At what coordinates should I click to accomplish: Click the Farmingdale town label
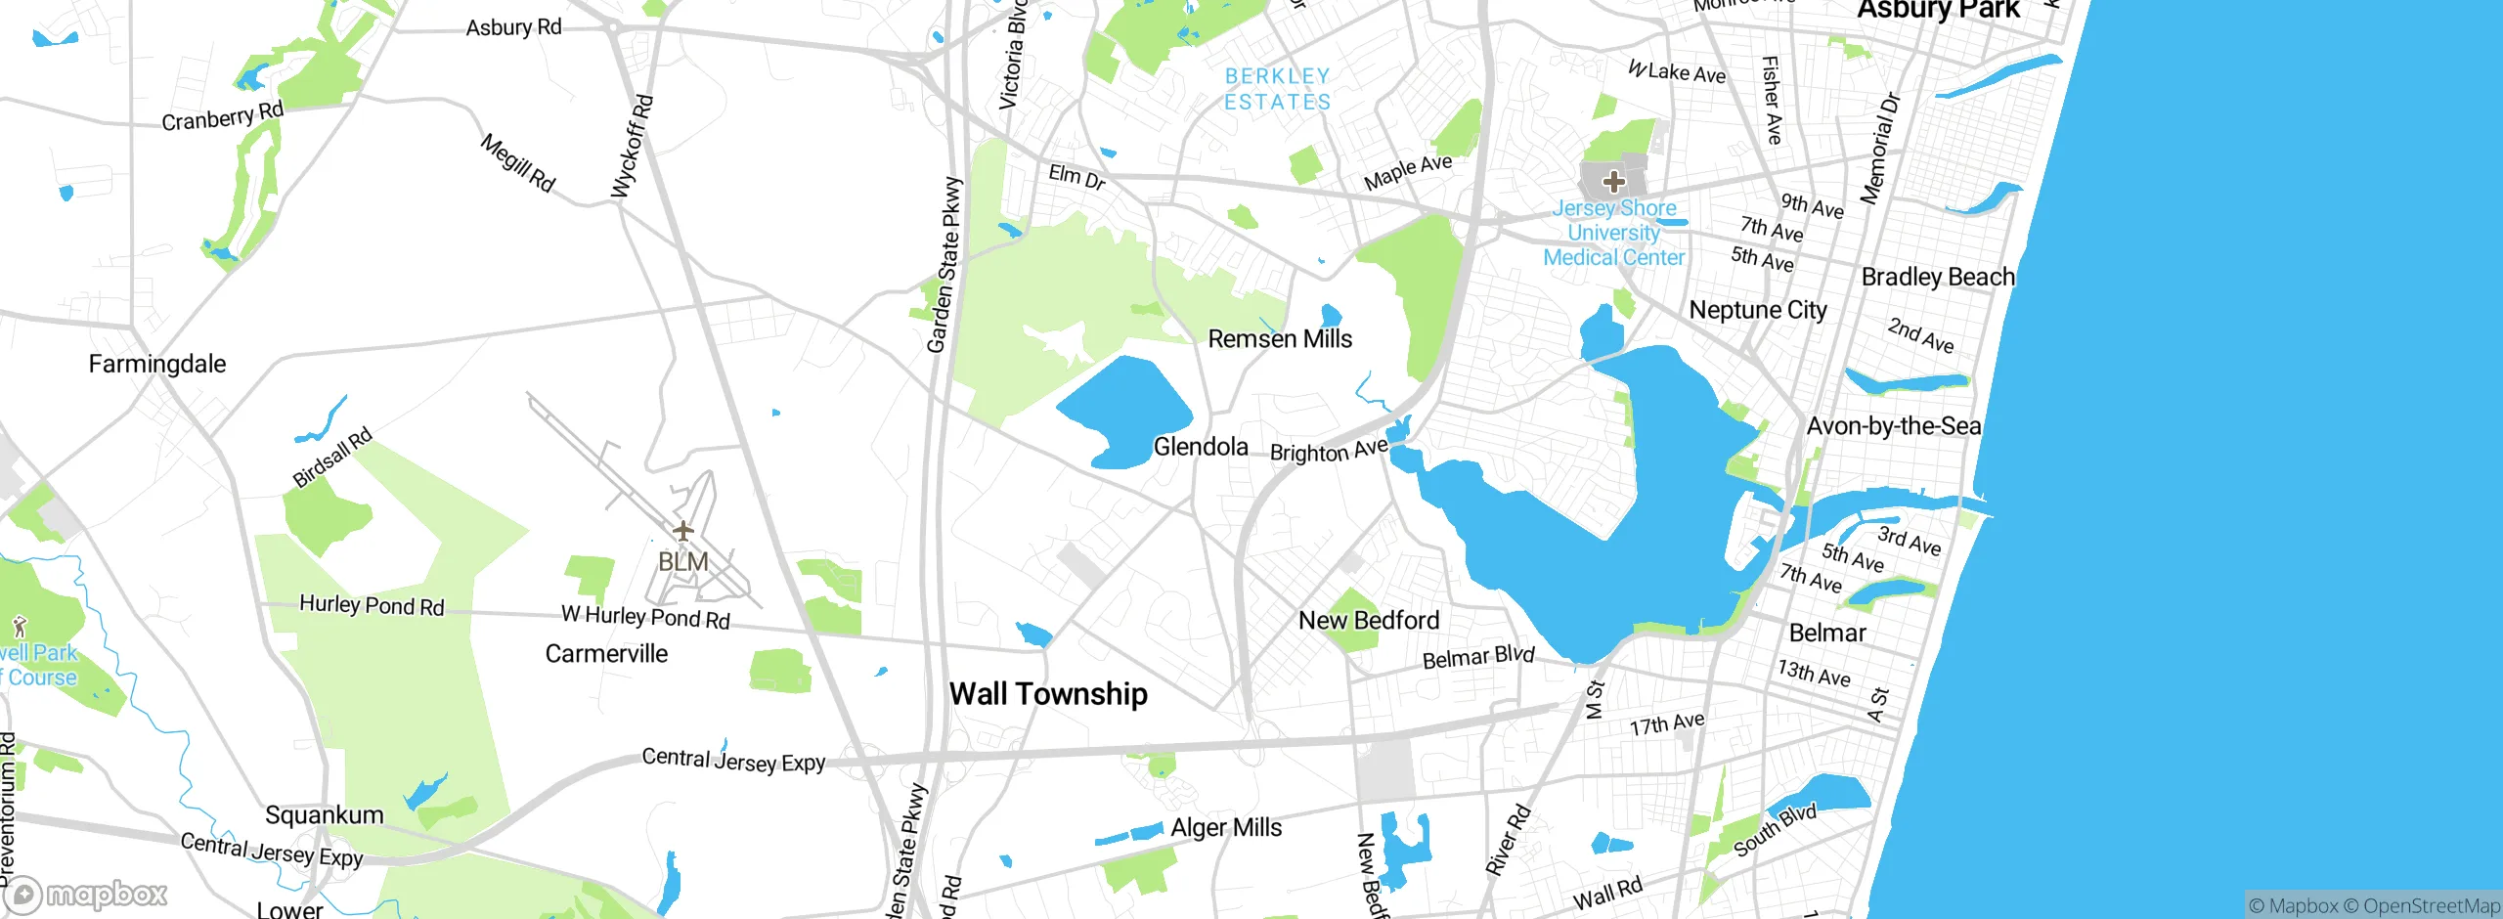point(157,365)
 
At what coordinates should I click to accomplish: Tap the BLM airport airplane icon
point(682,531)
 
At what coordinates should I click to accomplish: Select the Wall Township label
point(1048,694)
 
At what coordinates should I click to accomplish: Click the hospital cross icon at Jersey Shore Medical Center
point(1614,181)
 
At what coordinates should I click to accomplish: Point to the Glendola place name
point(1201,447)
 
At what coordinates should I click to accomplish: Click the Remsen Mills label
point(1280,339)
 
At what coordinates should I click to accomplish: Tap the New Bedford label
point(1369,621)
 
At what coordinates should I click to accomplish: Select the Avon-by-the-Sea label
point(1894,426)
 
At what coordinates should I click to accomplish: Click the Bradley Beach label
point(1938,277)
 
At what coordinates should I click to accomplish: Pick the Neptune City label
point(1758,310)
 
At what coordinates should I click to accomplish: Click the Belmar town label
point(1827,633)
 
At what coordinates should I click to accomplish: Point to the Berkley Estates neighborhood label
point(1277,89)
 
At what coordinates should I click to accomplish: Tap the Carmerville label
point(606,654)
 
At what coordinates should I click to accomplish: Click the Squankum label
point(325,815)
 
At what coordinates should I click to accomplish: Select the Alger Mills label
point(1226,828)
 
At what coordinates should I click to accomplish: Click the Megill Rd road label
point(518,163)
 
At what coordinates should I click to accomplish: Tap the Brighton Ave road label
point(1329,451)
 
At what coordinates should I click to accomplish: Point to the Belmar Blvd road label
point(1478,658)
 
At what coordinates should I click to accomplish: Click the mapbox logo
point(86,895)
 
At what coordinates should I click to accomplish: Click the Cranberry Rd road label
point(223,116)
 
